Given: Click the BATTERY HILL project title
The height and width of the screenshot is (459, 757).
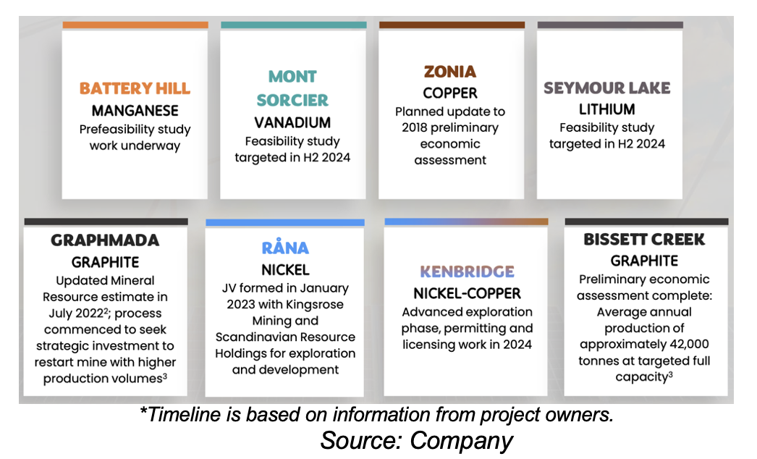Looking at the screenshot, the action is point(135,88).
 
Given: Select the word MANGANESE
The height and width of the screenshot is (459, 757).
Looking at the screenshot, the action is point(135,111).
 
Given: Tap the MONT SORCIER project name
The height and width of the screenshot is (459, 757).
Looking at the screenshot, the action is point(292,88).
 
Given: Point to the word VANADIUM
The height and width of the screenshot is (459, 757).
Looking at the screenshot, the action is point(292,123).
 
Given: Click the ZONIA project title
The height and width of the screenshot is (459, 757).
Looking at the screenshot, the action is point(450,72).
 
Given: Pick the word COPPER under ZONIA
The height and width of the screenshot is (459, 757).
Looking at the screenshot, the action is point(450,93).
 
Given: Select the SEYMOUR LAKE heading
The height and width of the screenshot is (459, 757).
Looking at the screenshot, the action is point(607,88).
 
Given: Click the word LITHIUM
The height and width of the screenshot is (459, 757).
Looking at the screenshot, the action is point(607,109).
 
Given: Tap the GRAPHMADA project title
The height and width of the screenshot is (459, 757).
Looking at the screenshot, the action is point(105,240).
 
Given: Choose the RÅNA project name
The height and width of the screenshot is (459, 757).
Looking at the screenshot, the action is point(285,247).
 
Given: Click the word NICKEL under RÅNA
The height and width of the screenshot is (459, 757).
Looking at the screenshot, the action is point(285,269).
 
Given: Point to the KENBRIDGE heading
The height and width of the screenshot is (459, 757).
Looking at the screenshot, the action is point(467,271).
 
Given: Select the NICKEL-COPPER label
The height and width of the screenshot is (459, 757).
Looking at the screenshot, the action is point(467,293).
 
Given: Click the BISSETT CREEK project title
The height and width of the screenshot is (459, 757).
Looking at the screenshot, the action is point(644,239).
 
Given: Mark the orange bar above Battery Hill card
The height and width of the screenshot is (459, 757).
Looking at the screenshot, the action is point(135,25).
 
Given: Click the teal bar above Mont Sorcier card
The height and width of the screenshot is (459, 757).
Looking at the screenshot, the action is point(294,25).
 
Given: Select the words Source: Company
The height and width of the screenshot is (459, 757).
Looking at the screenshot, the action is point(416,441).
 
